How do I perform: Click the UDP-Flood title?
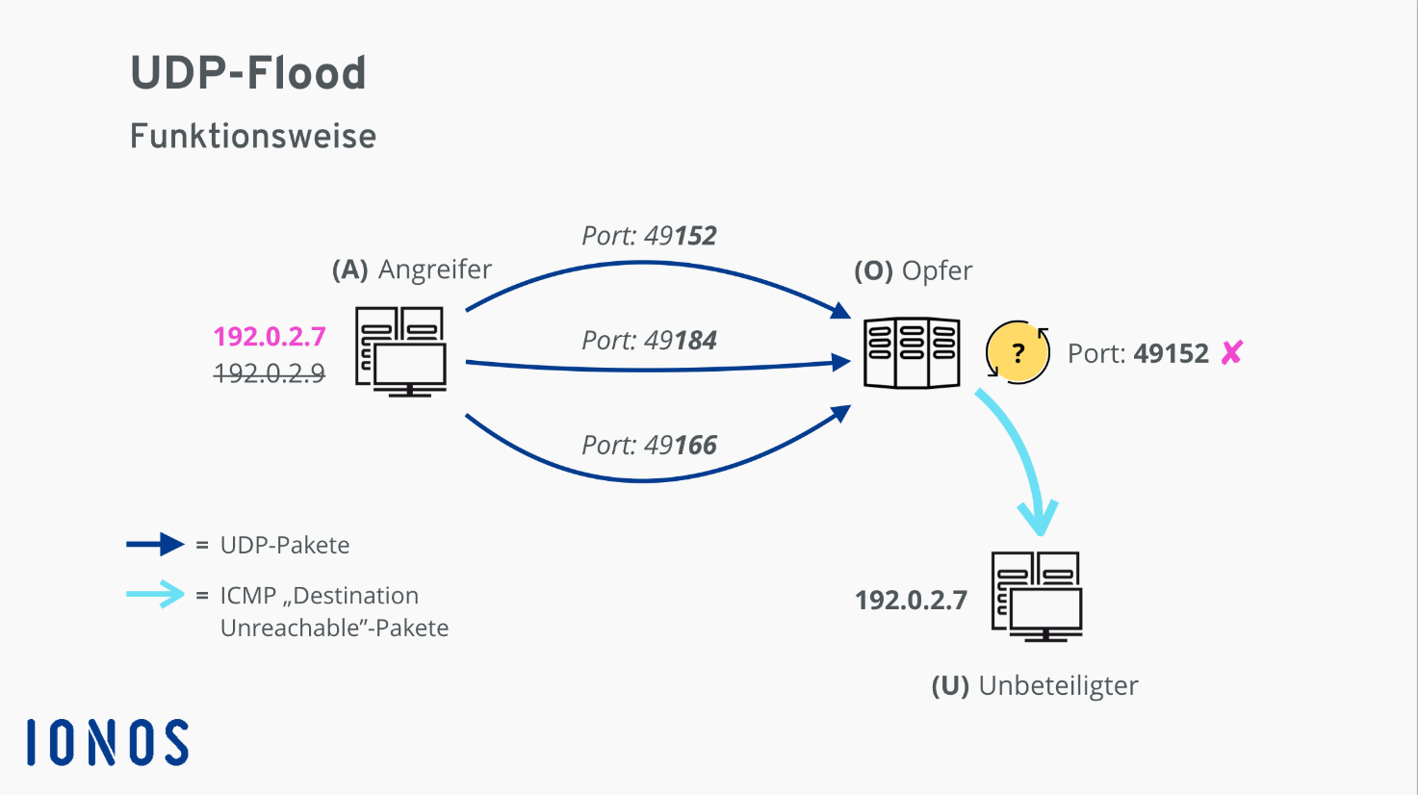248,73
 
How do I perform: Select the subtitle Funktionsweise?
252,136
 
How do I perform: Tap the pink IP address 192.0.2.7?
270,336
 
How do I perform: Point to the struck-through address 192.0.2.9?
270,373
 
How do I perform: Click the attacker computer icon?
400,352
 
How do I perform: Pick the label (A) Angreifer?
411,269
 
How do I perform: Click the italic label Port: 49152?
649,236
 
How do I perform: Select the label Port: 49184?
649,341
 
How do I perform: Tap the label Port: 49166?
649,446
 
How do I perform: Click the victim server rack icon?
912,352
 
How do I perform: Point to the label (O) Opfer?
913,270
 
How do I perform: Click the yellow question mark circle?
1018,352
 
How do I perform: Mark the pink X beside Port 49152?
1232,352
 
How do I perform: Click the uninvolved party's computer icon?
1037,597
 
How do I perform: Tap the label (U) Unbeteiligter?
1035,686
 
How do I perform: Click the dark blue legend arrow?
155,545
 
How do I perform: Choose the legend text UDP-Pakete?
285,545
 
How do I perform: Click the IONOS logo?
108,742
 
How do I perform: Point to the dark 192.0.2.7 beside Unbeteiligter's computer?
911,600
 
